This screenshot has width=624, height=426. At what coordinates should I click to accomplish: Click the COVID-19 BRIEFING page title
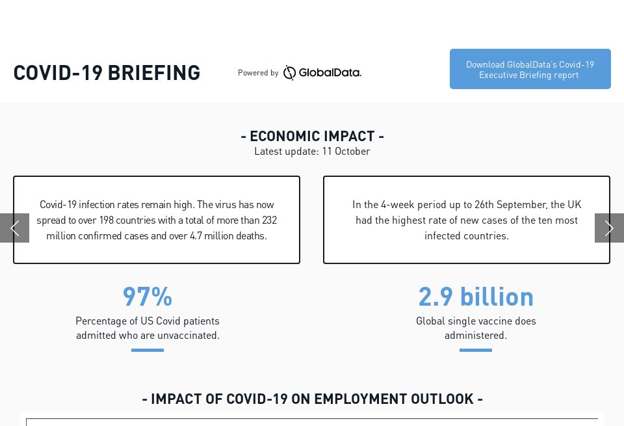[107, 73]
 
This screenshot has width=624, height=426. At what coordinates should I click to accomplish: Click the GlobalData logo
[322, 73]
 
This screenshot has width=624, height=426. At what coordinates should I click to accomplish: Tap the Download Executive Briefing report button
[530, 69]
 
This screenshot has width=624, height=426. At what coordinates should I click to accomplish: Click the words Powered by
[258, 73]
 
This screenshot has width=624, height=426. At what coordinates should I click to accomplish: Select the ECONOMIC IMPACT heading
[312, 136]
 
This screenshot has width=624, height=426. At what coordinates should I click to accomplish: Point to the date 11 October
[346, 152]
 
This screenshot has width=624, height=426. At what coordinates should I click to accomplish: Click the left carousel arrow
[14, 228]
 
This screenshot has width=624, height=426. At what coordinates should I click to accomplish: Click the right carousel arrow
[609, 228]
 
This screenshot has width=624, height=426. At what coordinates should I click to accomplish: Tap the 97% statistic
[148, 297]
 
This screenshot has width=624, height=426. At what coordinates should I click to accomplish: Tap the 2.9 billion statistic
[476, 297]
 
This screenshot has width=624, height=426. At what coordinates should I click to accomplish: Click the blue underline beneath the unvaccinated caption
[148, 350]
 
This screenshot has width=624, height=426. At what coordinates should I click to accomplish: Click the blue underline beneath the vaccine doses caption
[476, 350]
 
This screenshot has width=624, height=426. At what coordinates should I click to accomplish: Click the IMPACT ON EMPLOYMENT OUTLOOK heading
[312, 399]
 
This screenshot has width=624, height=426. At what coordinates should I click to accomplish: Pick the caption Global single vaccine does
[476, 321]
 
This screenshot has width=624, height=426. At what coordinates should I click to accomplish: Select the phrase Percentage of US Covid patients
[148, 321]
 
